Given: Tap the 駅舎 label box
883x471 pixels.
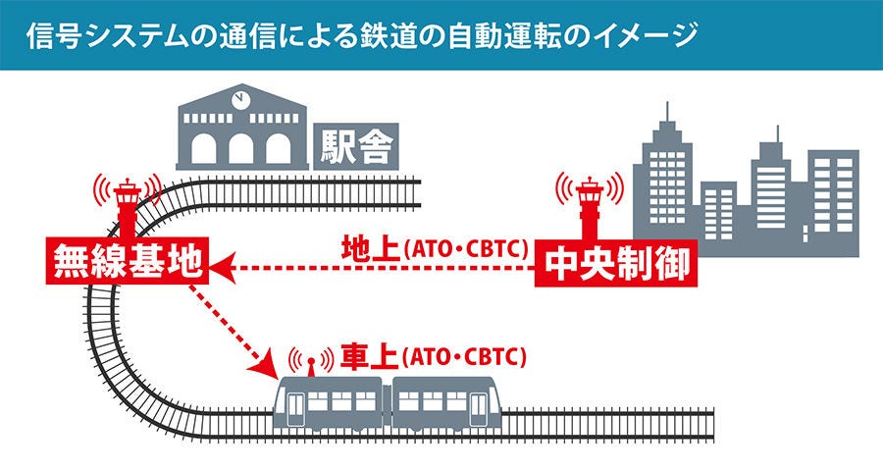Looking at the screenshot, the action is tap(356, 146).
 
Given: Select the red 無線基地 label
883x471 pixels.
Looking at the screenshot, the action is tap(128, 261).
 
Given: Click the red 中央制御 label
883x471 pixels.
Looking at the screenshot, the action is tap(615, 263).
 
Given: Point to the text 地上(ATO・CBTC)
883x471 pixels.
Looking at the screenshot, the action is tap(435, 248).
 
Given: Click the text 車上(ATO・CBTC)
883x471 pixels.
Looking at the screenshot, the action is tap(434, 356).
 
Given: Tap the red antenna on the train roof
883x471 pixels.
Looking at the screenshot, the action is tap(311, 366).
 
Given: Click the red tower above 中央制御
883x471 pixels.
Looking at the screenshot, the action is tap(591, 208).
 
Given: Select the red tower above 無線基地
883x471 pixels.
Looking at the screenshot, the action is tap(128, 207).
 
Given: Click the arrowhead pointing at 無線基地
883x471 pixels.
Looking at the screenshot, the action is tap(223, 268).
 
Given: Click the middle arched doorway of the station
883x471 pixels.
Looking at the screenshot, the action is tap(241, 149).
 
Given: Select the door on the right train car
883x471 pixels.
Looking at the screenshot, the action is tap(478, 409).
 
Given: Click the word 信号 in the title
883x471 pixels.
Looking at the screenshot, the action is tap(47, 35).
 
